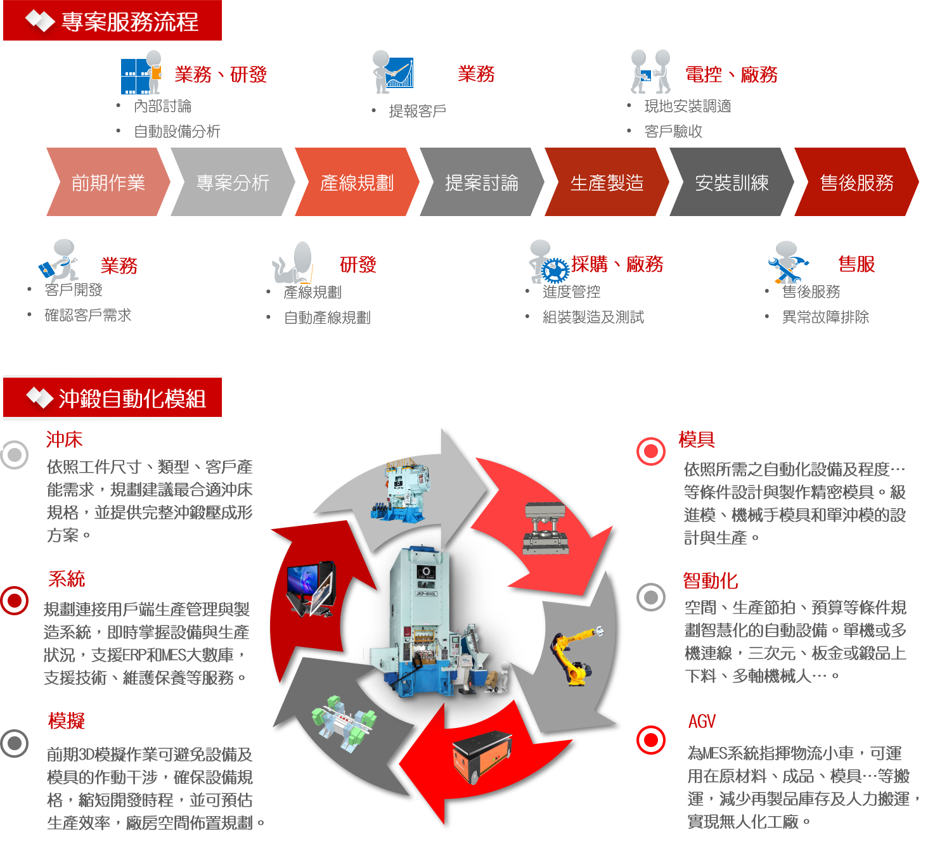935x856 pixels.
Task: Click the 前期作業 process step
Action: [x=108, y=182]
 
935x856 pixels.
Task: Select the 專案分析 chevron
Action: [x=233, y=182]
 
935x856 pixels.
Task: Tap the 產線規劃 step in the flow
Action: [x=357, y=182]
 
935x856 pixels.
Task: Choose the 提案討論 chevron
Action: [x=482, y=182]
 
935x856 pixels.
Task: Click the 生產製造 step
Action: [x=607, y=182]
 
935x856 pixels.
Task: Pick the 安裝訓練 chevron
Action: [x=732, y=182]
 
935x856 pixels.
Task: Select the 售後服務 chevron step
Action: [x=856, y=182]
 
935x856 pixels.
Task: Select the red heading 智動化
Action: [x=710, y=580]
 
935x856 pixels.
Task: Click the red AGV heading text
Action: [x=702, y=722]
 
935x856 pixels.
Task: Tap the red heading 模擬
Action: [x=66, y=720]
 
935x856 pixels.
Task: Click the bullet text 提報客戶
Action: [x=417, y=111]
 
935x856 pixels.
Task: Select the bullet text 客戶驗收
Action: [x=673, y=131]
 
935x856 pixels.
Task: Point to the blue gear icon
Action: [x=555, y=271]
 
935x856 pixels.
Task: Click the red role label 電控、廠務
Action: [x=731, y=75]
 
